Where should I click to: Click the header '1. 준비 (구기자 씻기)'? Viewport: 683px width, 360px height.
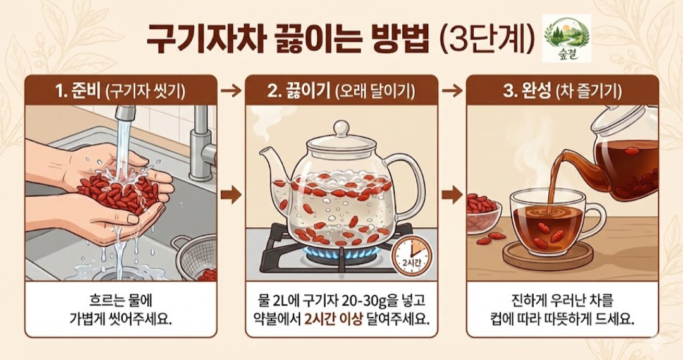coord(120,90)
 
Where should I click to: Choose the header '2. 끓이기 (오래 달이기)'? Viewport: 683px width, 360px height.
coord(341,90)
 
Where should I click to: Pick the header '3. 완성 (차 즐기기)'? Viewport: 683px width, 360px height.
coord(562,90)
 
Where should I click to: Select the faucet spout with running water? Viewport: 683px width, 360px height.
coord(125,113)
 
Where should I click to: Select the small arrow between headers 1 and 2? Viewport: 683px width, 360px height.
coord(231,91)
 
